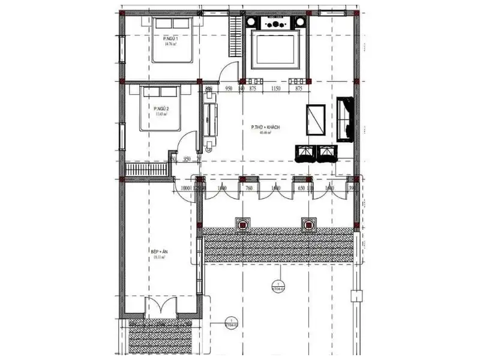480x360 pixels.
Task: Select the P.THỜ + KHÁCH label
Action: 266,128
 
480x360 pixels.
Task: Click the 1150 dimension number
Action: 275,89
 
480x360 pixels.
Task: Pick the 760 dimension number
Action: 249,188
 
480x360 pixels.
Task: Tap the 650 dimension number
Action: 302,188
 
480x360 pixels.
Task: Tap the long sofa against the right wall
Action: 346,118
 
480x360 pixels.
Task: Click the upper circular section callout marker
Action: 277,285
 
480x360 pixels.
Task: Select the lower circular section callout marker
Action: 230,322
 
